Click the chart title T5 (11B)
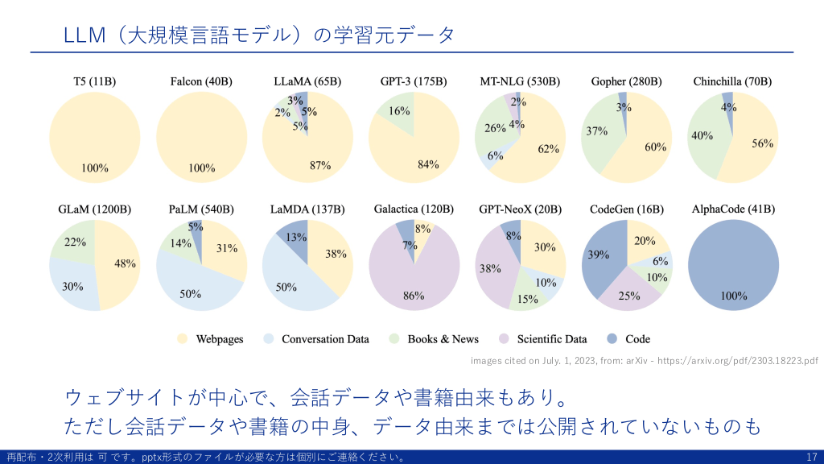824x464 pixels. (x=95, y=81)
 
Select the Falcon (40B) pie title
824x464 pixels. (x=201, y=81)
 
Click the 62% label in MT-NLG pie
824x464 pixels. (x=548, y=148)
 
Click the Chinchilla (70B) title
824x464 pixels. (x=732, y=81)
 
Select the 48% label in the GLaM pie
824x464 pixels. (x=125, y=263)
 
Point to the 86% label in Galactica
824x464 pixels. (x=414, y=296)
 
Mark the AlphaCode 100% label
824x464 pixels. (x=734, y=296)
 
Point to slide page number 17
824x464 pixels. (x=811, y=457)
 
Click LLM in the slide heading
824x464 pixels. (x=84, y=35)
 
